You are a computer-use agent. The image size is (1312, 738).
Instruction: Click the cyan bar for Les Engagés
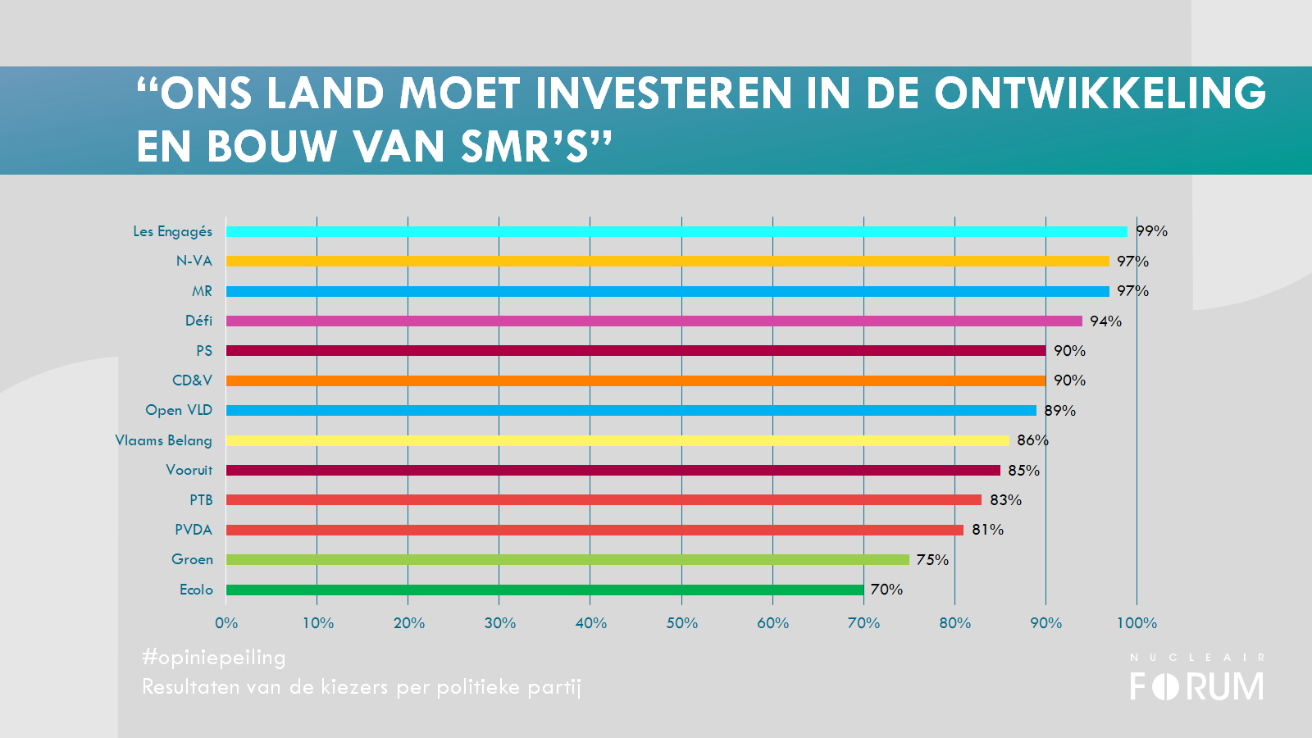(676, 231)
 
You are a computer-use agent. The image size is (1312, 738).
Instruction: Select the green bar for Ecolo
(544, 590)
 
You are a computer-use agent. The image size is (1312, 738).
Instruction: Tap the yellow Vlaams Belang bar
(617, 440)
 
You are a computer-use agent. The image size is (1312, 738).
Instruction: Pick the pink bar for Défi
(654, 321)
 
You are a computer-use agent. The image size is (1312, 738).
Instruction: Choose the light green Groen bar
(567, 559)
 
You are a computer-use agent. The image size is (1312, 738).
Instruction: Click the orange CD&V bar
(635, 380)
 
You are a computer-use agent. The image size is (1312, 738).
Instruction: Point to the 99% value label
(1151, 231)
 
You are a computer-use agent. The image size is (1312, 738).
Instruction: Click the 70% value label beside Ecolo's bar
(886, 590)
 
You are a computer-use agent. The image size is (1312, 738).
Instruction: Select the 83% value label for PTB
(1005, 500)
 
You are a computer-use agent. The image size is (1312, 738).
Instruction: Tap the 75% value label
(932, 560)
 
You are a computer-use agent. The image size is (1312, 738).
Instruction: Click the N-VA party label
(194, 261)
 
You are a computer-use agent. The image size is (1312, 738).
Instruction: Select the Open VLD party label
(178, 410)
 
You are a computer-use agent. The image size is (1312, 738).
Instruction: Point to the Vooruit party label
(189, 470)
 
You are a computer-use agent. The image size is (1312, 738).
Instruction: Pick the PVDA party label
(193, 530)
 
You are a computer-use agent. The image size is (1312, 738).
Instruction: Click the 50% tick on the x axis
(681, 623)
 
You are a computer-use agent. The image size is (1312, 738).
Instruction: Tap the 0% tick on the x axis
(226, 623)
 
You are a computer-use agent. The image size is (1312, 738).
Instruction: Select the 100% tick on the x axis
(1137, 623)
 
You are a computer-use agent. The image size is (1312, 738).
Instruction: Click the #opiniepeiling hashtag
(214, 658)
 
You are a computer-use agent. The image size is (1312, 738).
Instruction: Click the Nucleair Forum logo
(1196, 678)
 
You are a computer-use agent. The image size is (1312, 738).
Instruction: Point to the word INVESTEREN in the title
(663, 93)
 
